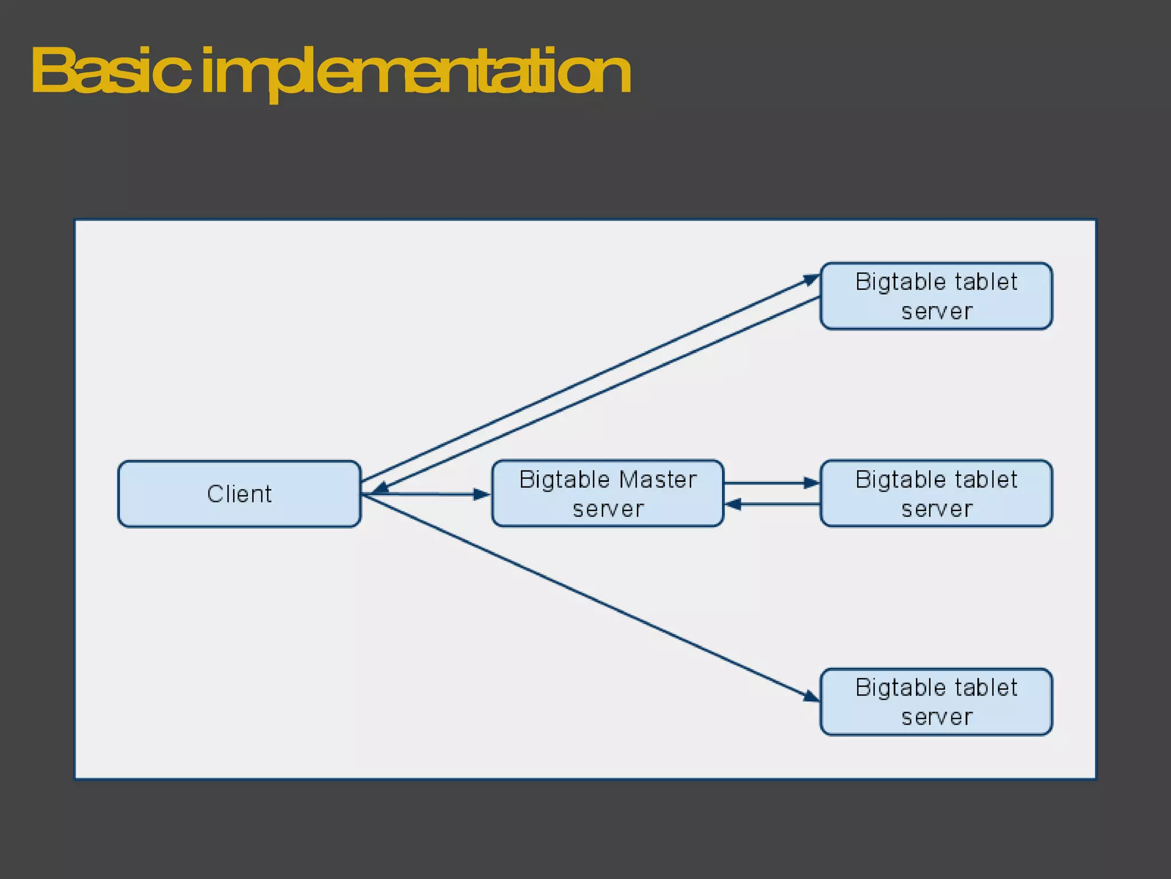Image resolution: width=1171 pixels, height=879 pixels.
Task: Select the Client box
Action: click(239, 494)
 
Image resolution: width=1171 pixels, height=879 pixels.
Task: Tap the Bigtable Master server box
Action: click(608, 493)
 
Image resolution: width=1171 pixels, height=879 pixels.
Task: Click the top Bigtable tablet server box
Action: click(936, 296)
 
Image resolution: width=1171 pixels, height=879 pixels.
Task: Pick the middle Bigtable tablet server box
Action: click(936, 493)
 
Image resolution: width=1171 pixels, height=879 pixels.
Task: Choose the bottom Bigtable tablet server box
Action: click(936, 702)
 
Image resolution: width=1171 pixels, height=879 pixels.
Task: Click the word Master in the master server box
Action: click(658, 480)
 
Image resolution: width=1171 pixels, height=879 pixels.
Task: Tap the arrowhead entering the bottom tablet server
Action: click(811, 696)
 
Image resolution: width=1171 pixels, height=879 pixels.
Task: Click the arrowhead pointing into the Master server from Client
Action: click(481, 494)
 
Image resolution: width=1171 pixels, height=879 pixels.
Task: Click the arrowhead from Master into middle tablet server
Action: click(811, 483)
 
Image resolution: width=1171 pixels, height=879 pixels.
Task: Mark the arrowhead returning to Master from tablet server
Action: click(734, 504)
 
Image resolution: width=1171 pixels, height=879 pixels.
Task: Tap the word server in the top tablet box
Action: click(937, 312)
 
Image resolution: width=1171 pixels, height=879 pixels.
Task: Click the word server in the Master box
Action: click(608, 509)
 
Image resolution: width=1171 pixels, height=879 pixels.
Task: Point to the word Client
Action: click(239, 494)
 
